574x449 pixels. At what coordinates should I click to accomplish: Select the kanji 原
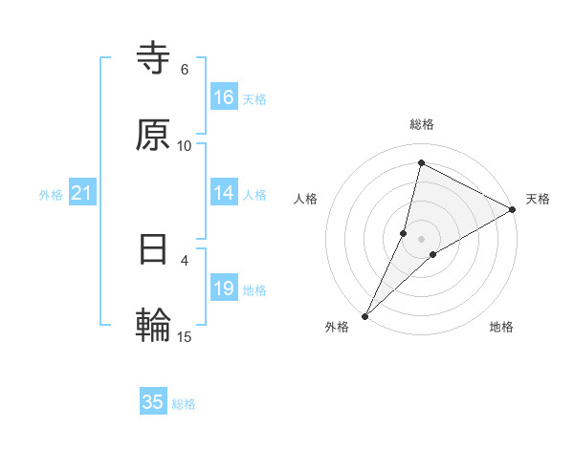point(153,136)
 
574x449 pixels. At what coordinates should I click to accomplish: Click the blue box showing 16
point(224,97)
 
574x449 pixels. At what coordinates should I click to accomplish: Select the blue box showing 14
point(224,193)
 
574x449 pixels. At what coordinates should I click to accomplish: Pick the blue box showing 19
point(224,289)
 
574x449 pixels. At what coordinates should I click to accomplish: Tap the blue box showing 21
point(82,194)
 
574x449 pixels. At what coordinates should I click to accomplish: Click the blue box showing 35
point(153,402)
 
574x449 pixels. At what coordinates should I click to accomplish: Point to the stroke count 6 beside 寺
point(185,70)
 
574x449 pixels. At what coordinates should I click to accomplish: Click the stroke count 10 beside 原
point(185,145)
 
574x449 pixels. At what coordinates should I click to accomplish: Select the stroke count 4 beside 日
point(185,259)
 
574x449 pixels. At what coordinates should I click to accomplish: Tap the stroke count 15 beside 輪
point(185,335)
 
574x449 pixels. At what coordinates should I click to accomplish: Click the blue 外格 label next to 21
point(51,195)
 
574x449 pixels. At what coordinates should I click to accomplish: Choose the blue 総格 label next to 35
point(184,403)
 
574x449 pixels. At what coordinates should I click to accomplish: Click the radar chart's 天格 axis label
point(538,199)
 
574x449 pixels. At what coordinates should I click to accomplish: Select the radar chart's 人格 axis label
point(305,199)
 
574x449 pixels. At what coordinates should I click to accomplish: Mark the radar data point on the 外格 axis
point(365,315)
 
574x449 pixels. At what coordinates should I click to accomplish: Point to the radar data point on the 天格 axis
point(513,209)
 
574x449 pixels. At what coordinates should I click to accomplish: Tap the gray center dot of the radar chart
point(422,239)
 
